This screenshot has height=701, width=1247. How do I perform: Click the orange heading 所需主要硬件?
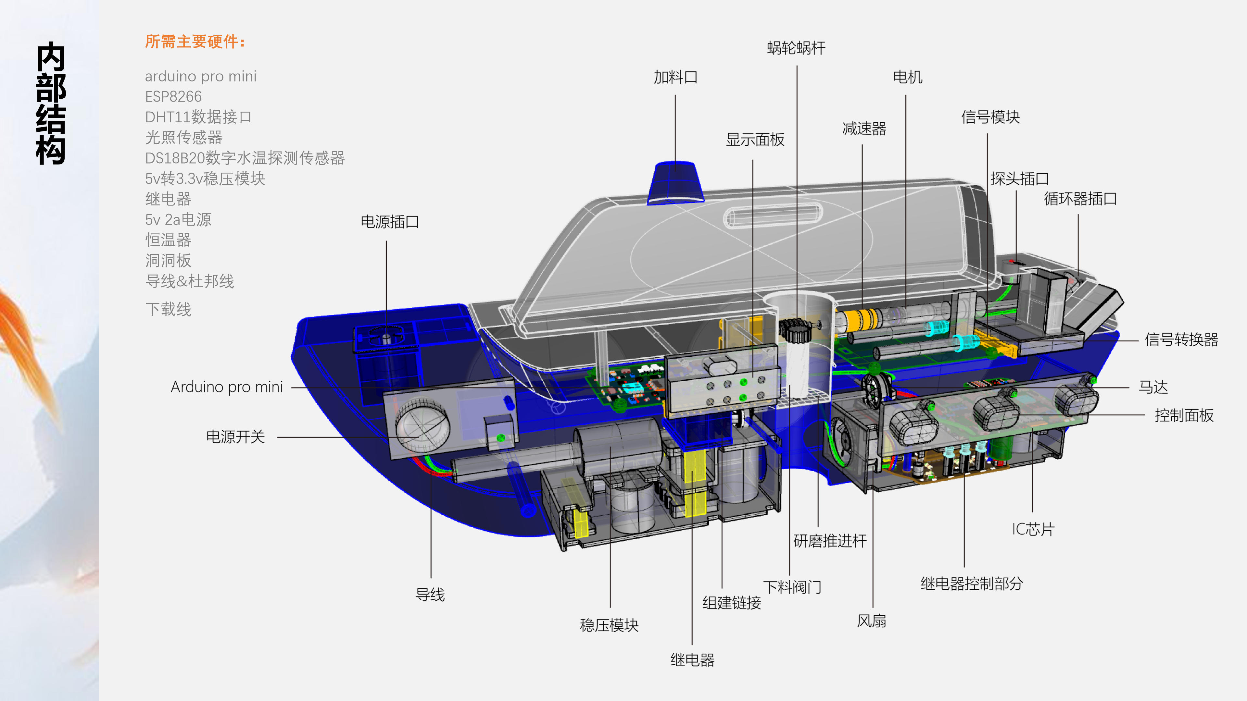(x=195, y=42)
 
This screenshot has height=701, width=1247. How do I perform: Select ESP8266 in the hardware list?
(x=173, y=97)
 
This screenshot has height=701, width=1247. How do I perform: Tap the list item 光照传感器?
(x=183, y=137)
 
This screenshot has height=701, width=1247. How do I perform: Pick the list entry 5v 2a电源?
(x=178, y=220)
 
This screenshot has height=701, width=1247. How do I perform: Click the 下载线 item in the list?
(x=168, y=309)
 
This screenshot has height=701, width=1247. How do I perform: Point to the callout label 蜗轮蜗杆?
(x=796, y=48)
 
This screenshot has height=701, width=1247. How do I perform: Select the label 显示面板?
(x=755, y=140)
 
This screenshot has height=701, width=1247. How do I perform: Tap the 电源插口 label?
(x=390, y=222)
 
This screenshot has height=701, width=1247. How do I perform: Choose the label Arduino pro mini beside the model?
(x=227, y=387)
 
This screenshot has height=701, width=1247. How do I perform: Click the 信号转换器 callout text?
(x=1181, y=339)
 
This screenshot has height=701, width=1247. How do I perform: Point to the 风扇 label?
(x=871, y=621)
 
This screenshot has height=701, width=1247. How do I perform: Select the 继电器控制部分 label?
(x=972, y=584)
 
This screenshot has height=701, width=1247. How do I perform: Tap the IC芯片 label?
(x=1033, y=529)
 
